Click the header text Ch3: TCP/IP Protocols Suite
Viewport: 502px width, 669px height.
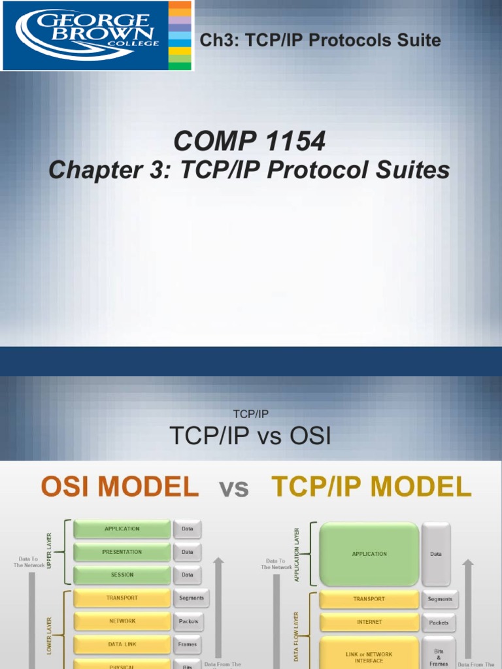[320, 41]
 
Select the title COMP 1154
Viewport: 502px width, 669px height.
[249, 141]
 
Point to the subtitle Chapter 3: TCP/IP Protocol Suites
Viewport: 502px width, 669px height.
[249, 171]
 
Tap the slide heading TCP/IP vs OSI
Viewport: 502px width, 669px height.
[250, 436]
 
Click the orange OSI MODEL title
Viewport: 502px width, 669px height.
[120, 487]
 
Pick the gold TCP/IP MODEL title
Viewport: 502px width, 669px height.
[371, 487]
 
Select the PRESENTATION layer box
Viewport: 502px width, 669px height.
[122, 552]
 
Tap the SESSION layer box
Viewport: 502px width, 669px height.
[122, 575]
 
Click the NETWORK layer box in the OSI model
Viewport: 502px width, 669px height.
[122, 621]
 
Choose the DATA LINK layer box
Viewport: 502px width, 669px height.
[122, 644]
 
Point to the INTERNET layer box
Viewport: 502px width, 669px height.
[369, 622]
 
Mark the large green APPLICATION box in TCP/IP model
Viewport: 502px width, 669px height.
[369, 554]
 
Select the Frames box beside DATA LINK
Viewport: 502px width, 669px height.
[187, 644]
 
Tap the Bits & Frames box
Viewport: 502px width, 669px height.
[439, 657]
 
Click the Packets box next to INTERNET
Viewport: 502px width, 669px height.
[439, 622]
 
